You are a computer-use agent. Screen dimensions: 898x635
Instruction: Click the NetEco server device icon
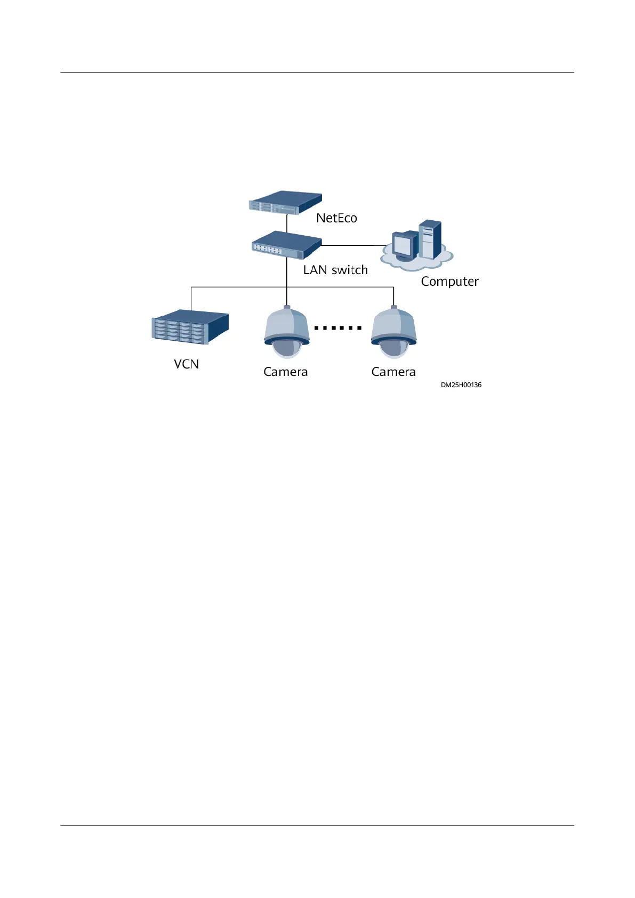tap(285, 203)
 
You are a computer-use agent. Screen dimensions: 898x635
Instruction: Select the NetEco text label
tap(336, 218)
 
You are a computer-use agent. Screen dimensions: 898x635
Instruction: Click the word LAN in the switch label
tap(315, 270)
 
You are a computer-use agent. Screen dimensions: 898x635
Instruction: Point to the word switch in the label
tap(350, 270)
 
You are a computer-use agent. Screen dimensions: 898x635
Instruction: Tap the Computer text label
tap(449, 282)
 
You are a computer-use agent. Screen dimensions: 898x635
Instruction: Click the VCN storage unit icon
tap(190, 327)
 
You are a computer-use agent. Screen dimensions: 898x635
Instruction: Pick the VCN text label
tap(187, 364)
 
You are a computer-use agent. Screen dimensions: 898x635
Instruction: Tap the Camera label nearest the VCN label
tap(286, 372)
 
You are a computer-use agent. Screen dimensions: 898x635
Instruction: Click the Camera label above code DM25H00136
tap(393, 372)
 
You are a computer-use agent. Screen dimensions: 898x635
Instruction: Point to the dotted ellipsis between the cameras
tap(338, 328)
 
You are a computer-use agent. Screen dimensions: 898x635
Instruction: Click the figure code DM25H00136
tap(461, 385)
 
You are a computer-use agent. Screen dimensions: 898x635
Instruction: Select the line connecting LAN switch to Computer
tap(352, 246)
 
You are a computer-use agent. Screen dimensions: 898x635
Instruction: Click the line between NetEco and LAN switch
tap(287, 222)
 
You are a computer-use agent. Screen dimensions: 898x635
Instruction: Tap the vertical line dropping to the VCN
tap(191, 299)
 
